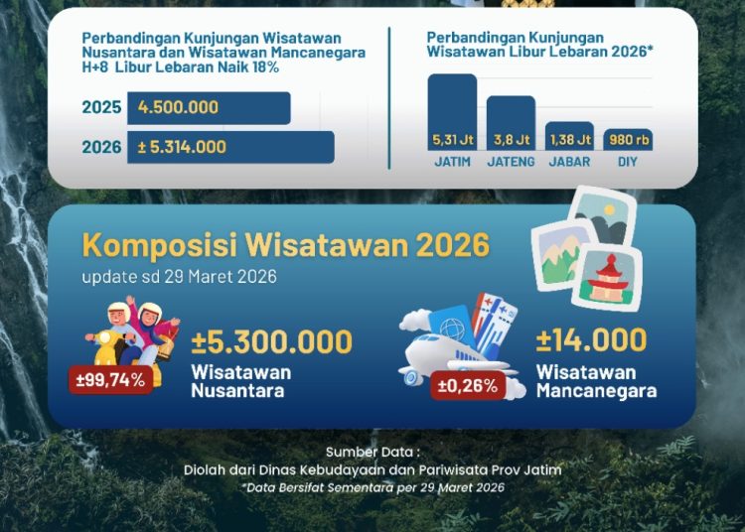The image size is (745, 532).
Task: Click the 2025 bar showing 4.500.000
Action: (209, 108)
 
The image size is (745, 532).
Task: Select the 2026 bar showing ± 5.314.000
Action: (230, 147)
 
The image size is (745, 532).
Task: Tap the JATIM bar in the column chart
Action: (452, 112)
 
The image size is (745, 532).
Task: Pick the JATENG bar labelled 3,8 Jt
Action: (511, 123)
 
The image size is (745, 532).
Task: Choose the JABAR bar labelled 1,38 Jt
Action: (569, 136)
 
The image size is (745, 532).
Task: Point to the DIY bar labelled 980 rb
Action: (628, 140)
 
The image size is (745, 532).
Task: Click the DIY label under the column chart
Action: (628, 162)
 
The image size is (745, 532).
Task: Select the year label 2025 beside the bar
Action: (101, 107)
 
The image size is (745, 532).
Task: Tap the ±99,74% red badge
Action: (110, 380)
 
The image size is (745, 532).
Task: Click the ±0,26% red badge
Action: (468, 386)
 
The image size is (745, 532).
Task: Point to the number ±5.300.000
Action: (272, 342)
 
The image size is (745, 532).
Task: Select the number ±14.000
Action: (592, 339)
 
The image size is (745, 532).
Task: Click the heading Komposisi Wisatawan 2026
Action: (285, 245)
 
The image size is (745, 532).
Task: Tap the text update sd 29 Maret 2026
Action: (179, 277)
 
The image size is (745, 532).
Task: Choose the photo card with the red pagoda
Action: (608, 278)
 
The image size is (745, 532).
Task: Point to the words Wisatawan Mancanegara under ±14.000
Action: (597, 381)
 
